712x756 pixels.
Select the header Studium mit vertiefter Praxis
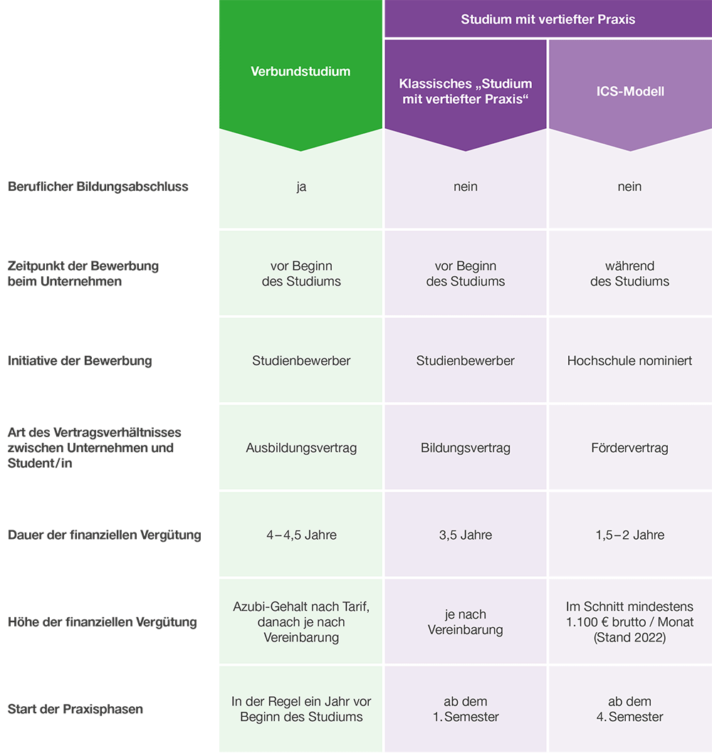[548, 19]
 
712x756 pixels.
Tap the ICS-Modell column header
[630, 91]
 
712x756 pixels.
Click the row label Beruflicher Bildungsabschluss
[98, 187]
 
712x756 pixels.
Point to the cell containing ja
[301, 187]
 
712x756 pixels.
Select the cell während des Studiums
[630, 273]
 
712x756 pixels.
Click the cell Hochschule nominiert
[630, 361]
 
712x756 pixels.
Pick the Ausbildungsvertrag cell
[301, 448]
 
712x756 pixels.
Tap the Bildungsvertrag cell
[466, 448]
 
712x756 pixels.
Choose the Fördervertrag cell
[630, 448]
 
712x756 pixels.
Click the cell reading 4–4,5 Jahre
[301, 535]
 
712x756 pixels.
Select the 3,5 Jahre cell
[466, 535]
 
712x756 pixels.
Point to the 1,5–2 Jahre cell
[630, 535]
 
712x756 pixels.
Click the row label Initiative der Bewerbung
[80, 361]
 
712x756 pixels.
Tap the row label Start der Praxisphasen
[75, 709]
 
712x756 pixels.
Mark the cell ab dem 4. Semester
[630, 709]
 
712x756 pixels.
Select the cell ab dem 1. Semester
[466, 709]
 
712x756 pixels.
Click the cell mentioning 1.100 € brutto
[630, 621]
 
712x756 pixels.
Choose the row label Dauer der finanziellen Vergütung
[104, 535]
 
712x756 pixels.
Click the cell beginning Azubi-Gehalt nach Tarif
[301, 621]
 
